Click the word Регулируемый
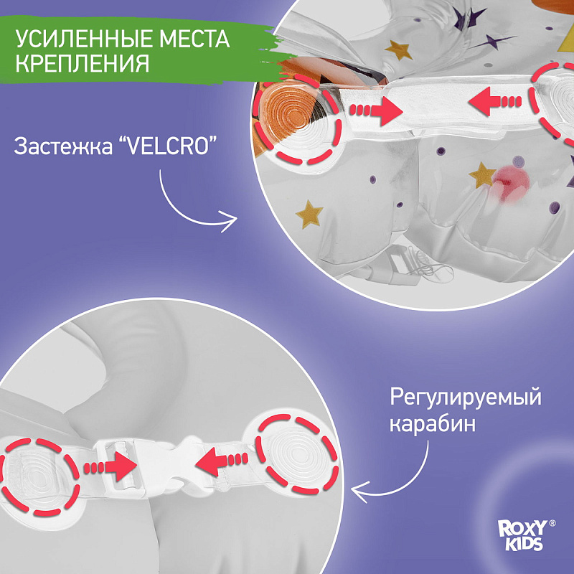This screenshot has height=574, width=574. point(465,397)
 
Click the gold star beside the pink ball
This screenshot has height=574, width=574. point(482,173)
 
